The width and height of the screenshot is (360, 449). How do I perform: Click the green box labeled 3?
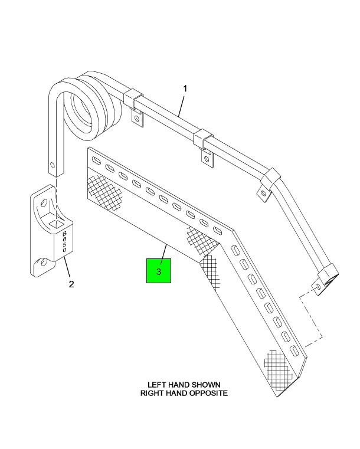pyautogui.click(x=159, y=271)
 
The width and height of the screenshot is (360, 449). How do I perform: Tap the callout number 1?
pyautogui.click(x=185, y=89)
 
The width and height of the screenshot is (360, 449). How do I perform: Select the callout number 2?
pyautogui.click(x=71, y=284)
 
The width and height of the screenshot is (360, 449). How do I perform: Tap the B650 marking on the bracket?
pyautogui.click(x=65, y=242)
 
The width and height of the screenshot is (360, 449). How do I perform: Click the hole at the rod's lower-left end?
pyautogui.click(x=52, y=165)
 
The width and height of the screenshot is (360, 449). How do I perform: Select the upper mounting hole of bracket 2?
pyautogui.click(x=44, y=204)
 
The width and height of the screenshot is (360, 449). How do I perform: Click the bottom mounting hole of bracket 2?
pyautogui.click(x=44, y=262)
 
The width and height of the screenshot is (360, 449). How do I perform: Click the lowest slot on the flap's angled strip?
pyautogui.click(x=294, y=351)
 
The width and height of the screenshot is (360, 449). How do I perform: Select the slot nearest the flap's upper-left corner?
pyautogui.click(x=97, y=161)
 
